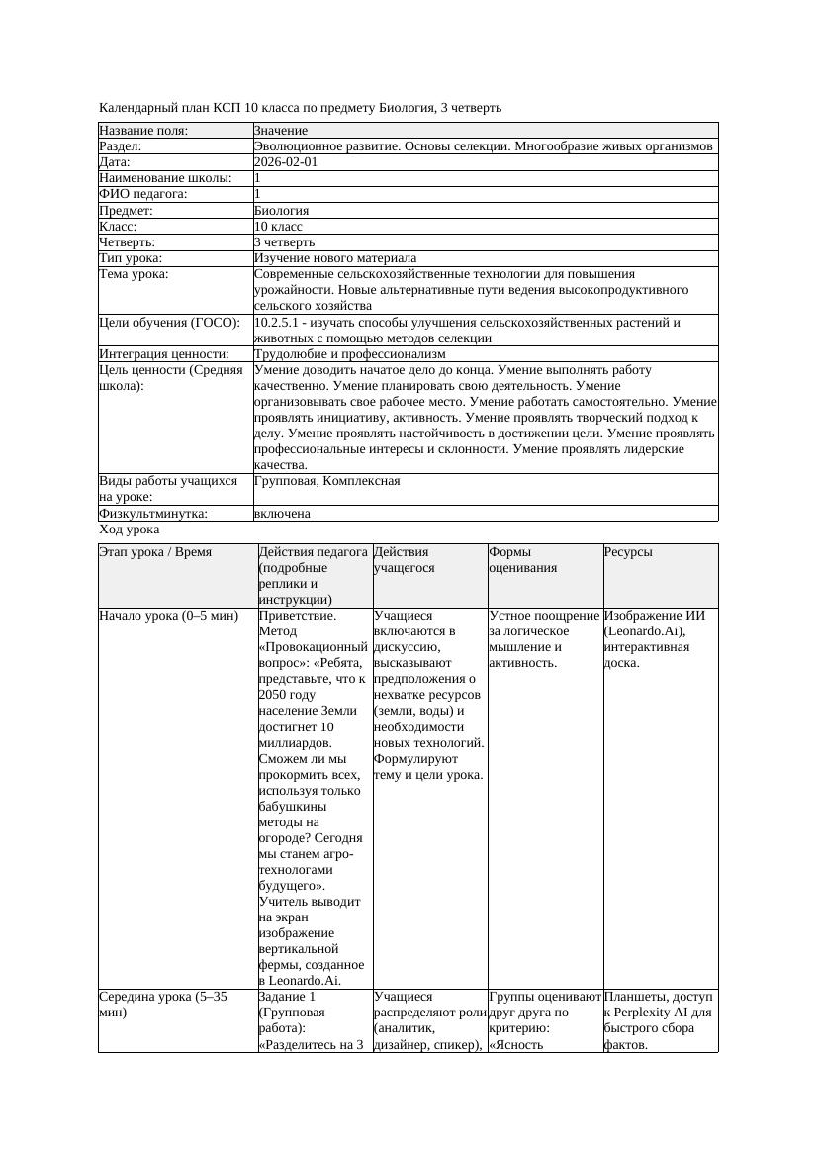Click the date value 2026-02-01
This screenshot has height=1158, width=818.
coord(286,162)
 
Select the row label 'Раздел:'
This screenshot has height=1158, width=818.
coord(121,146)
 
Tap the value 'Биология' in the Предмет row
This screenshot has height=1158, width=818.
coord(282,210)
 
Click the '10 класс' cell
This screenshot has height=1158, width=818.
coord(278,226)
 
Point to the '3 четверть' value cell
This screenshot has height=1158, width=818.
coord(285,241)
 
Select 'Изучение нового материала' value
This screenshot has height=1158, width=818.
coord(335,257)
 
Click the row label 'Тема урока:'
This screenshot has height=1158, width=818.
coord(134,273)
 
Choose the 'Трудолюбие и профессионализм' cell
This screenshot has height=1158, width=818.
coord(350,353)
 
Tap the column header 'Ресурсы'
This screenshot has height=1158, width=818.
coord(628,551)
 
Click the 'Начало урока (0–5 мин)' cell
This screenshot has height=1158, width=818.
coord(169,616)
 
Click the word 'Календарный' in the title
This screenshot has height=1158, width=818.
coord(136,107)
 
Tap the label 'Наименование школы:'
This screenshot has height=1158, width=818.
coord(165,178)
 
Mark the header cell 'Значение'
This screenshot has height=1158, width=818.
coord(281,131)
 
